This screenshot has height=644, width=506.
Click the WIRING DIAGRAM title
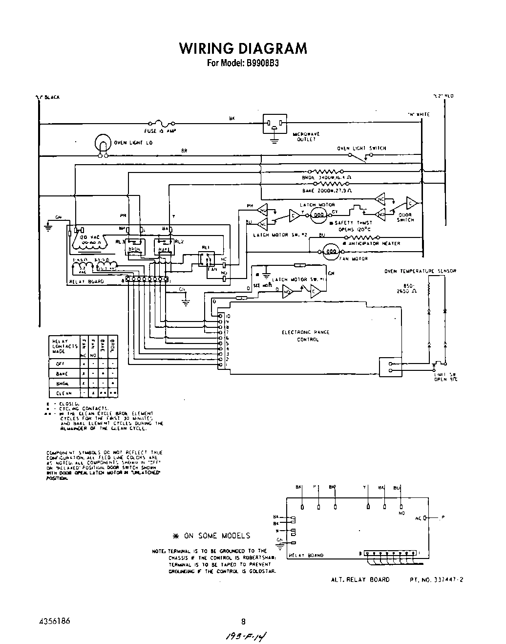(x=243, y=48)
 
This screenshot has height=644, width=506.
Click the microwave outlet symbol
(x=275, y=123)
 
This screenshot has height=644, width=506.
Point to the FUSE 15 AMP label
(x=159, y=131)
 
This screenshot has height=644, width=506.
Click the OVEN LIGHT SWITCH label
(x=361, y=148)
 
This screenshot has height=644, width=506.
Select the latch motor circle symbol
(x=318, y=214)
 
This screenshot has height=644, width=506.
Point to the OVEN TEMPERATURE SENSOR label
(x=420, y=271)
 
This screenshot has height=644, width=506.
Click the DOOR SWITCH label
(x=405, y=217)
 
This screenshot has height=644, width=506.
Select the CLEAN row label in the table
(x=63, y=393)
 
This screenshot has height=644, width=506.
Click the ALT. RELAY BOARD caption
(x=360, y=580)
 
